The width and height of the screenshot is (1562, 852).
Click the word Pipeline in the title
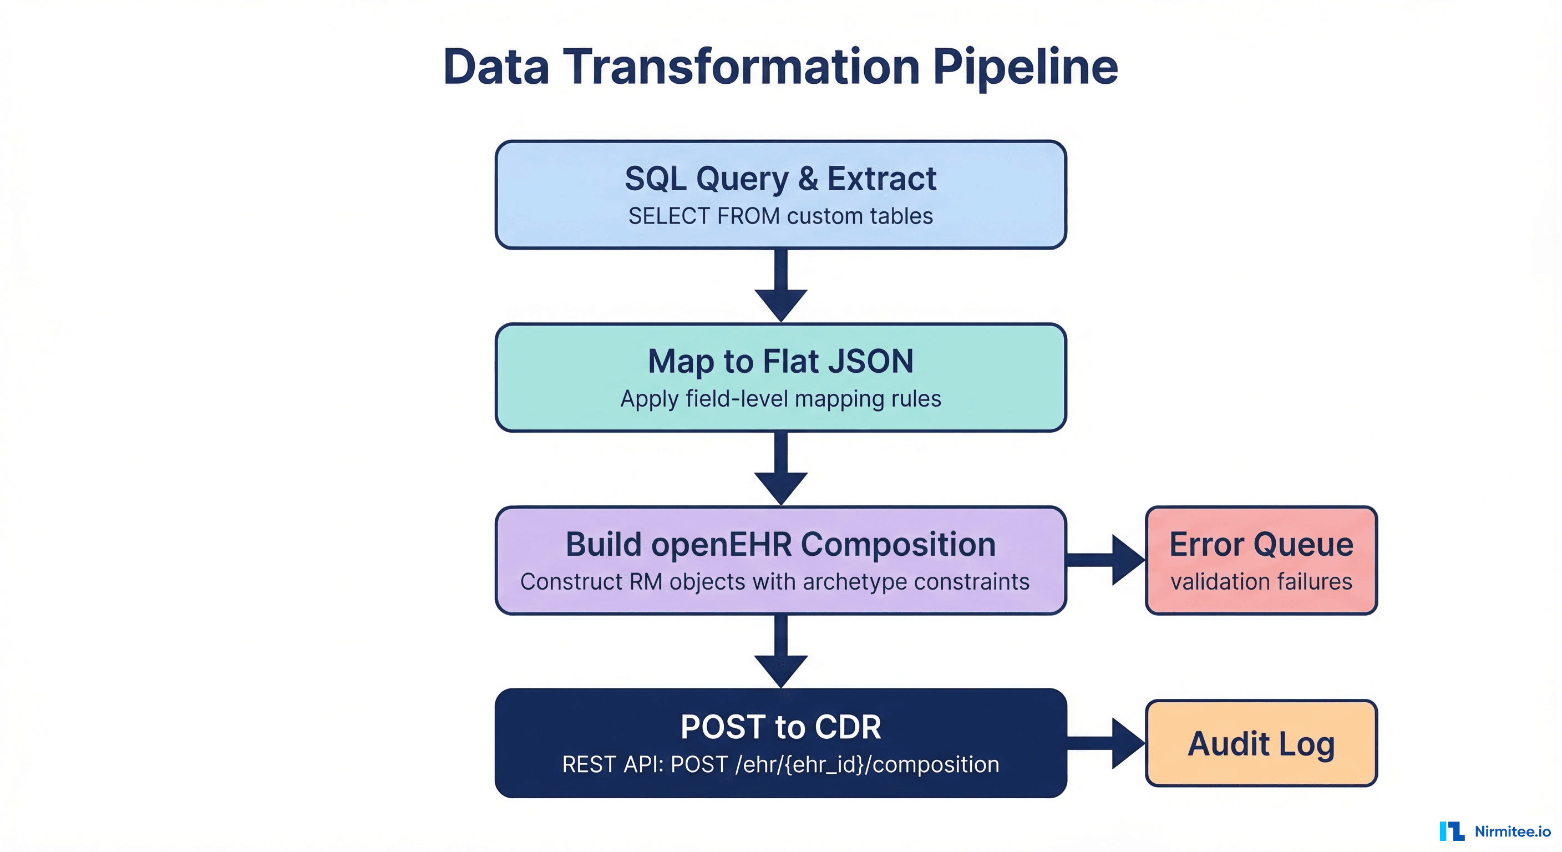(1025, 67)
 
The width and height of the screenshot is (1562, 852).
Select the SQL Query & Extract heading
(780, 179)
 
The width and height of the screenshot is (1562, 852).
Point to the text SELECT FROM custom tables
(780, 216)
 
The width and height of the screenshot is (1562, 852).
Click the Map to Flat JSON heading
(780, 362)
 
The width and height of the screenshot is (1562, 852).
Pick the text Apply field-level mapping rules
(780, 399)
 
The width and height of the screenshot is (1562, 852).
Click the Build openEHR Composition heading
(780, 545)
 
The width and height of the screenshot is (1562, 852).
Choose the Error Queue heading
(1261, 545)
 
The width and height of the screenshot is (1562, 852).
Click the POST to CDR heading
(780, 727)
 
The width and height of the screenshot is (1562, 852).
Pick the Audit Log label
(1261, 744)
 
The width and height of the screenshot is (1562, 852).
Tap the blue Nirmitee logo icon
(1452, 831)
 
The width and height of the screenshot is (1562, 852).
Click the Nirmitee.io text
(1512, 831)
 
